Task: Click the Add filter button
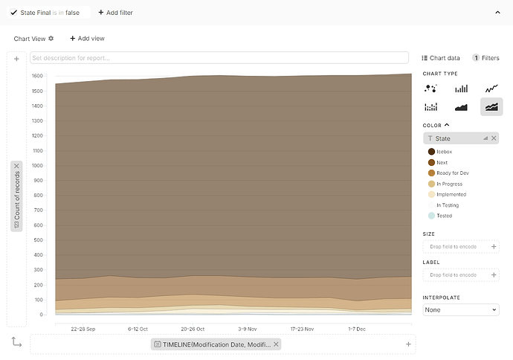pyautogui.click(x=115, y=13)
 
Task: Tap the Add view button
pyautogui.click(x=87, y=39)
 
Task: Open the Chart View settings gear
pyautogui.click(x=51, y=39)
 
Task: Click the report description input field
pyautogui.click(x=219, y=57)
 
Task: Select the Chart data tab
pyautogui.click(x=441, y=58)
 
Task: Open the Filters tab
pyautogui.click(x=486, y=58)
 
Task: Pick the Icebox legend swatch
pyautogui.click(x=431, y=152)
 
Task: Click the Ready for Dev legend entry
pyautogui.click(x=452, y=173)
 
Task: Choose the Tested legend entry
pyautogui.click(x=444, y=216)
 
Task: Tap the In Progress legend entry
pyautogui.click(x=449, y=184)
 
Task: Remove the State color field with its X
pyautogui.click(x=494, y=138)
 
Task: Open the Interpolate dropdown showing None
pyautogui.click(x=460, y=309)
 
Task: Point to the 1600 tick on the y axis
pyautogui.click(x=37, y=76)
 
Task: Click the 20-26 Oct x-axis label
pyautogui.click(x=193, y=328)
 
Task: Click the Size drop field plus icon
pyautogui.click(x=493, y=246)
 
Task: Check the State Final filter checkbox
pyautogui.click(x=14, y=13)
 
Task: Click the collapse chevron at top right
pyautogui.click(x=498, y=13)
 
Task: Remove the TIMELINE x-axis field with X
pyautogui.click(x=276, y=344)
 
